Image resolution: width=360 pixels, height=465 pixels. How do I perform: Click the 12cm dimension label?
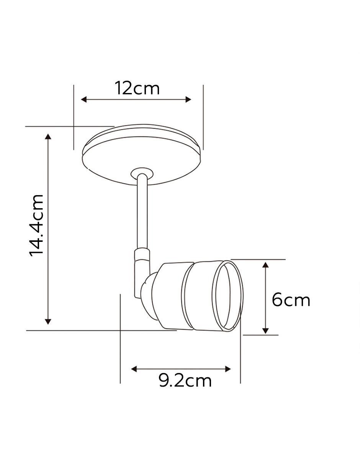[x=137, y=88]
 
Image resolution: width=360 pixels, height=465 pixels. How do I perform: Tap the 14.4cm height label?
[x=36, y=225]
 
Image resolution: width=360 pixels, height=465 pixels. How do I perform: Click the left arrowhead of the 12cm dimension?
[x=84, y=99]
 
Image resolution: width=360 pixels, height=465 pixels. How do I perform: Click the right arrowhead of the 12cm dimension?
[x=188, y=99]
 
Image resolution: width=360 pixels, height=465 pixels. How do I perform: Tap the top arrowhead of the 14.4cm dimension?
[x=48, y=137]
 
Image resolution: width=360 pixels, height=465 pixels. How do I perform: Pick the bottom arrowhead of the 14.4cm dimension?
[x=48, y=321]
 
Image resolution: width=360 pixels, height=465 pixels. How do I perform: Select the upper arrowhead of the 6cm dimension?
[x=265, y=265]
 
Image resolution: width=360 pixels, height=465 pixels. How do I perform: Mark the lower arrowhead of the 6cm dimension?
[x=265, y=331]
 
